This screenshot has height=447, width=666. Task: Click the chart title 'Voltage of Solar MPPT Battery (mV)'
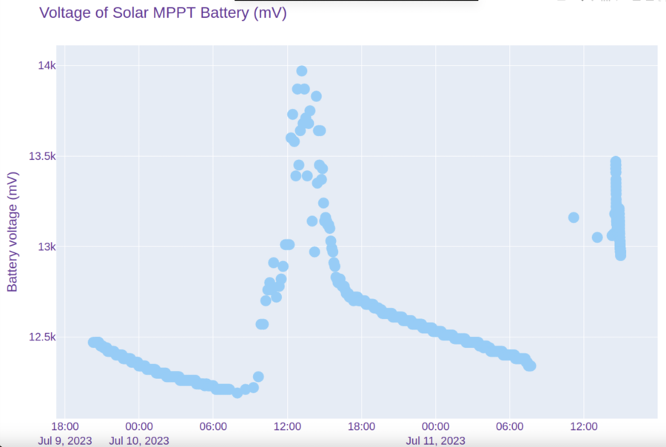(x=163, y=13)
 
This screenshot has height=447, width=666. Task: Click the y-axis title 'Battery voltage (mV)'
(x=13, y=232)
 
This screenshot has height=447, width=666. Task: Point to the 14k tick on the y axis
(x=47, y=66)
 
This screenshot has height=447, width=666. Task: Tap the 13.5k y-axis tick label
(x=41, y=156)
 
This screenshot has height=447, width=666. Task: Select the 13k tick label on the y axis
(x=47, y=246)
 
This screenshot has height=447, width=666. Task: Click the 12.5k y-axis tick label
(x=41, y=337)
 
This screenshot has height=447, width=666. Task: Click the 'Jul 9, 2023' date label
(x=65, y=441)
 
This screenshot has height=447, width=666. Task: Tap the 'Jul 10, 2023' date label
(x=139, y=441)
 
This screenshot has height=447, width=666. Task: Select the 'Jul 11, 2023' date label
(x=435, y=441)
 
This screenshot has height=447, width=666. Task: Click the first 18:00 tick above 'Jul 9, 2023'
(x=65, y=426)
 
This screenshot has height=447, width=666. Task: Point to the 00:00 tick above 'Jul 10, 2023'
(x=139, y=426)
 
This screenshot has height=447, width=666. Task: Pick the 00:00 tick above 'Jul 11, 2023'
(x=435, y=426)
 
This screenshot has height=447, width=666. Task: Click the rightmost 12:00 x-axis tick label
(x=583, y=426)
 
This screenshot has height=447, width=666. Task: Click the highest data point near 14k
(x=302, y=71)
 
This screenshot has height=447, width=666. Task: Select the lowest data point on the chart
(x=237, y=392)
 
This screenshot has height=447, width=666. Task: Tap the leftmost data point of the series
(x=92, y=342)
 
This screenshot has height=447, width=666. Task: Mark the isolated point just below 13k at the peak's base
(x=314, y=252)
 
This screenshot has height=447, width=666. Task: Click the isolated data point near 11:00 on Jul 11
(x=573, y=218)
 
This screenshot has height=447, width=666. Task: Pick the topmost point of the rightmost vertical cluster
(x=615, y=161)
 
